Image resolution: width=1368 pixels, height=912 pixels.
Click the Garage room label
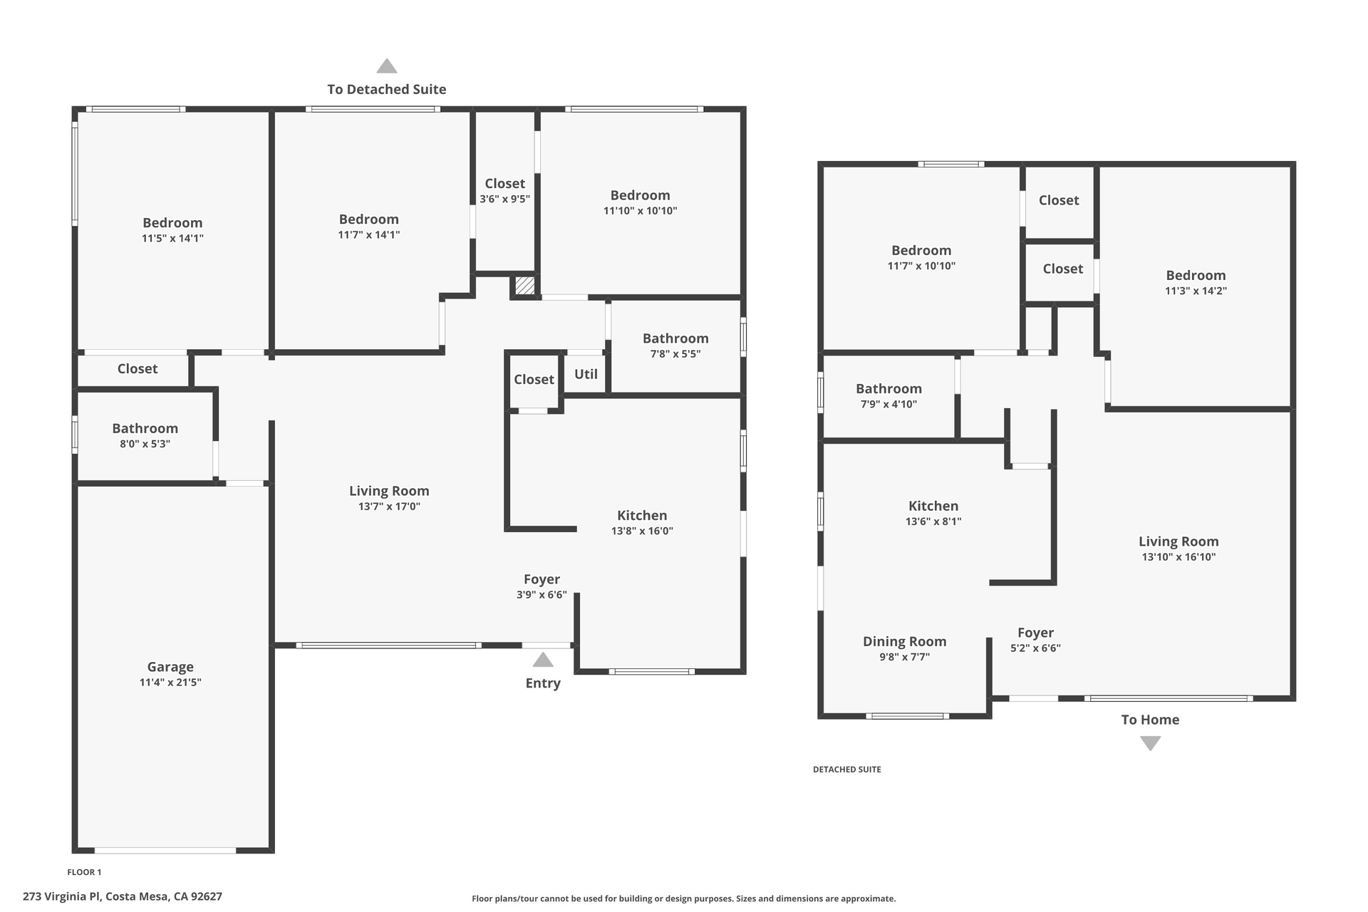click(x=170, y=667)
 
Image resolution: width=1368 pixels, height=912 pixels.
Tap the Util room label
click(x=586, y=374)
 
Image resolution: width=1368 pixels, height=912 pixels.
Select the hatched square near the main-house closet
click(x=525, y=286)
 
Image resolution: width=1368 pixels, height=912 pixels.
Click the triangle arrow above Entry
click(x=543, y=659)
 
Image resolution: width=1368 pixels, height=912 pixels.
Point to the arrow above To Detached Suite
click(x=387, y=66)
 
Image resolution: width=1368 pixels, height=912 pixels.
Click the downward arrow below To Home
click(x=1150, y=743)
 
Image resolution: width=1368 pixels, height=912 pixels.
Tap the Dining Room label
click(x=904, y=641)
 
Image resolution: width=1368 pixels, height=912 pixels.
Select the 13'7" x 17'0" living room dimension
click(x=389, y=507)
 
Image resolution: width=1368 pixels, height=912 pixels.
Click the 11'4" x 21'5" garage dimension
click(x=170, y=683)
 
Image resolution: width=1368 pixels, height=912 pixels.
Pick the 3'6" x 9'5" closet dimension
click(x=504, y=199)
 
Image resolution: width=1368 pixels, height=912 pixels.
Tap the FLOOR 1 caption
click(x=84, y=872)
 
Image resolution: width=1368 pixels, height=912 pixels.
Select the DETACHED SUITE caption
click(x=846, y=769)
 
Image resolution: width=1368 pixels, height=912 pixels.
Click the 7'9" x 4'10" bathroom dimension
click(x=888, y=404)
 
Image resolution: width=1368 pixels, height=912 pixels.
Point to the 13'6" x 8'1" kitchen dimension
click(x=933, y=522)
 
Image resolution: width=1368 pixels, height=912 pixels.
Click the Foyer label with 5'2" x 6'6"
click(x=1035, y=633)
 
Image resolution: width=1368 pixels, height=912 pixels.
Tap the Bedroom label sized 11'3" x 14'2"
click(x=1196, y=275)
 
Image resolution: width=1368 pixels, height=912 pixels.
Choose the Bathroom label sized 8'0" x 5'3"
click(x=145, y=428)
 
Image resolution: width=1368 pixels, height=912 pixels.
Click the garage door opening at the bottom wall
click(x=165, y=850)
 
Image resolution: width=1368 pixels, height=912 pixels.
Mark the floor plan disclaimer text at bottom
click(x=683, y=898)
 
